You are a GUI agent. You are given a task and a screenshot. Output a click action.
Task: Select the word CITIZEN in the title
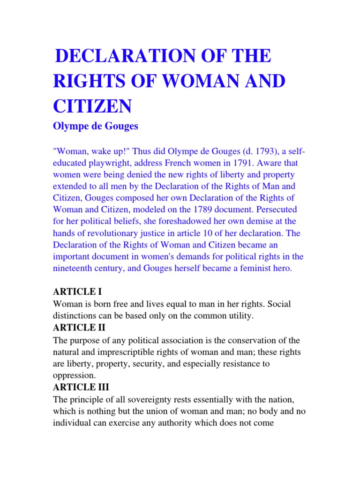pyautogui.click(x=92, y=106)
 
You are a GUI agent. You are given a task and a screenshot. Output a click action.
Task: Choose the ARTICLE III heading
pyautogui.click(x=82, y=388)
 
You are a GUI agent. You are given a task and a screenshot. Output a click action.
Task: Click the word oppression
pyautogui.click(x=75, y=376)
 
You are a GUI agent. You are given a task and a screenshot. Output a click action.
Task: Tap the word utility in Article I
pyautogui.click(x=239, y=316)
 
